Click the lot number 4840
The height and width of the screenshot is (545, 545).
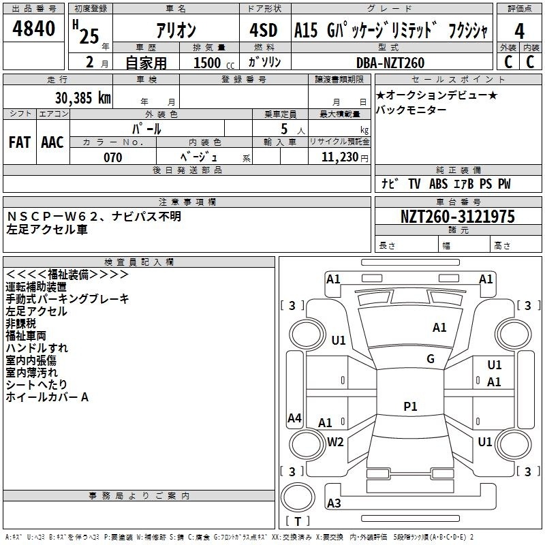click(x=33, y=29)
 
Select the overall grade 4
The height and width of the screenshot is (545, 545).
click(x=519, y=31)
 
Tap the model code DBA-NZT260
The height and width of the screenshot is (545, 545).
click(x=390, y=63)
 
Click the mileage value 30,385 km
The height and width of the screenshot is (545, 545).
click(x=82, y=98)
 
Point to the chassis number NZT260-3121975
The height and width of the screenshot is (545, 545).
click(x=458, y=217)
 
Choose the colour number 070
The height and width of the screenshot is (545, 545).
click(x=112, y=157)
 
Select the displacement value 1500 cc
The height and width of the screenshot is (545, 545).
click(x=214, y=63)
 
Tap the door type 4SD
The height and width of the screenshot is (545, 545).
click(x=263, y=30)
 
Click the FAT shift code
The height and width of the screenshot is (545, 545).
click(x=20, y=142)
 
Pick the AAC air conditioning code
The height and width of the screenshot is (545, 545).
click(x=52, y=142)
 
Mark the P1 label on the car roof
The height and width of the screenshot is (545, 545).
click(x=410, y=406)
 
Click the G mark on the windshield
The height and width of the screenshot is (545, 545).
click(x=431, y=359)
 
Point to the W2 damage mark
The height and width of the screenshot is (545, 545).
click(x=335, y=442)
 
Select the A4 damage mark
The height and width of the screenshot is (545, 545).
click(x=294, y=418)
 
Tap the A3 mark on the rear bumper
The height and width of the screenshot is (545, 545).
click(x=334, y=503)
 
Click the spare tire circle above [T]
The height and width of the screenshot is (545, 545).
click(x=298, y=497)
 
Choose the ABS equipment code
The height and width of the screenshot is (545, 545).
click(x=438, y=184)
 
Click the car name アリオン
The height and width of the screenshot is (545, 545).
click(x=176, y=30)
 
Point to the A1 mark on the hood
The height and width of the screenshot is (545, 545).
click(x=439, y=328)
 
